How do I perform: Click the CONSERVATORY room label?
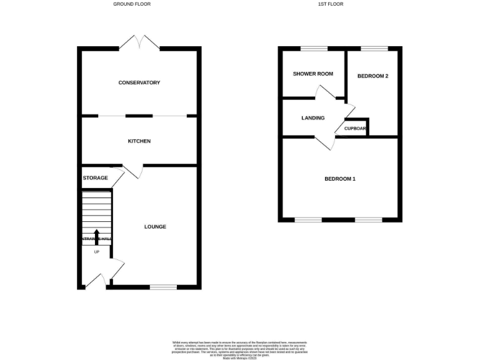click(139, 82)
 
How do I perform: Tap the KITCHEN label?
click(139, 141)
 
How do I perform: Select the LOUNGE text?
click(155, 226)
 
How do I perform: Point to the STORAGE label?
click(95, 178)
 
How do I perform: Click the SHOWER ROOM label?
click(313, 74)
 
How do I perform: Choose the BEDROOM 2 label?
click(372, 76)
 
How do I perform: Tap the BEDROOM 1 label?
click(340, 179)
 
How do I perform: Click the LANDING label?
click(312, 117)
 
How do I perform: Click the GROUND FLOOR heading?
click(132, 4)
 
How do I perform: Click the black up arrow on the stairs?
click(96, 236)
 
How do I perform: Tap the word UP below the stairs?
click(96, 252)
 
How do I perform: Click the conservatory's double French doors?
click(139, 42)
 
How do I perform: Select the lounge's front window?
click(163, 287)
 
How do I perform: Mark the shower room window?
click(314, 49)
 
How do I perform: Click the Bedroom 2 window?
click(373, 49)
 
